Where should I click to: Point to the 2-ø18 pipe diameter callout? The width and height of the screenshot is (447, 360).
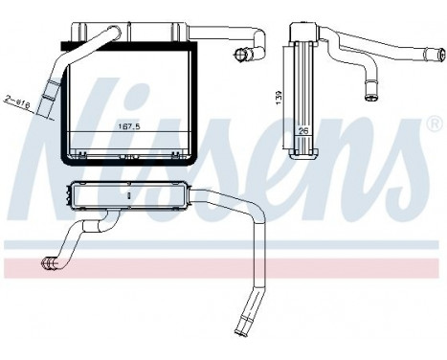[x=17, y=100]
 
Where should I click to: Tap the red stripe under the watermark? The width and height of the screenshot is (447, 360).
[x=223, y=267]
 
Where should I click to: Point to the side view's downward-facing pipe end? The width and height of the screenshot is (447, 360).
[x=369, y=95]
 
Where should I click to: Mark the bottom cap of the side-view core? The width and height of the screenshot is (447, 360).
[x=302, y=149]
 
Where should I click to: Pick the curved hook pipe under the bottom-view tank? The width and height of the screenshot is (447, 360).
[x=86, y=235]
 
